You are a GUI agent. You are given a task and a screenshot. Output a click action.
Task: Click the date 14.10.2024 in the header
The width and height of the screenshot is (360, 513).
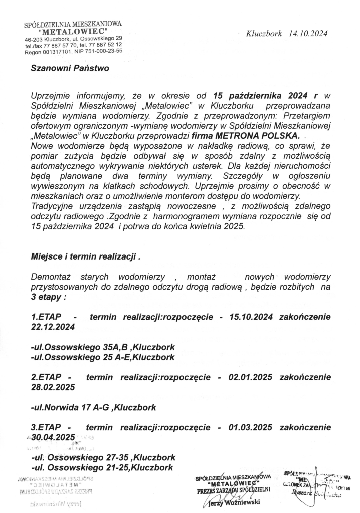point(308,34)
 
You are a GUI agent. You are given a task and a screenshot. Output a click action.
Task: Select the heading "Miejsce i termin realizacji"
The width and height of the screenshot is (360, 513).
point(84,258)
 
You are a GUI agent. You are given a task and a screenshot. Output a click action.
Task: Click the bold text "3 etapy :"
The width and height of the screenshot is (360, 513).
point(49,297)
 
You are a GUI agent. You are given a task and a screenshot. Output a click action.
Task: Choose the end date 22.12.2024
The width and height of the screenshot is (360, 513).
point(53,327)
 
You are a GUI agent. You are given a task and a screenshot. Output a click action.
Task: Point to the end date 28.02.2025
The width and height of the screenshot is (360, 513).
point(53,387)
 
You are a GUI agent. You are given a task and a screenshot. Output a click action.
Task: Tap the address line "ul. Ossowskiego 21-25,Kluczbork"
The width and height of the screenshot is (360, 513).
point(103,467)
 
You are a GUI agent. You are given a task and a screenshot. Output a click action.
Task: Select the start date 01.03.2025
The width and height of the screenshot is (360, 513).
point(250,427)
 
